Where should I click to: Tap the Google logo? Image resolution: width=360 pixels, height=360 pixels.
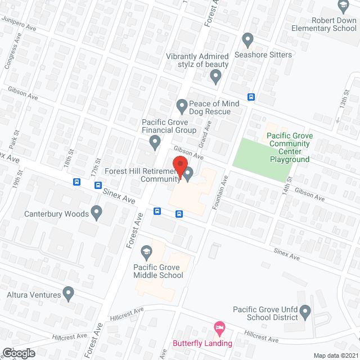coord(18,353)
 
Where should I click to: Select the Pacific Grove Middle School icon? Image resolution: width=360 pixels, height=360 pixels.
coord(146,251)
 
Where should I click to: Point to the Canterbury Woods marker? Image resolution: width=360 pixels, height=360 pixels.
coord(97,213)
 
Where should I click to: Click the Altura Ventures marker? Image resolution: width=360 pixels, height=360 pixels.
coord(69,293)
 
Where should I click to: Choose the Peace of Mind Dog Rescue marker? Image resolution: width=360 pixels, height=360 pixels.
coord(182,105)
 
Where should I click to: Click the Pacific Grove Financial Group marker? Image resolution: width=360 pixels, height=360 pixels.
coord(156,144)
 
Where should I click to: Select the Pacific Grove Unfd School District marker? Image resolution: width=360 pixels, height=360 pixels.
coord(305,310)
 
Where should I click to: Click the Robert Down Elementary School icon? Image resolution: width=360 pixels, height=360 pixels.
coord(342,7)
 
